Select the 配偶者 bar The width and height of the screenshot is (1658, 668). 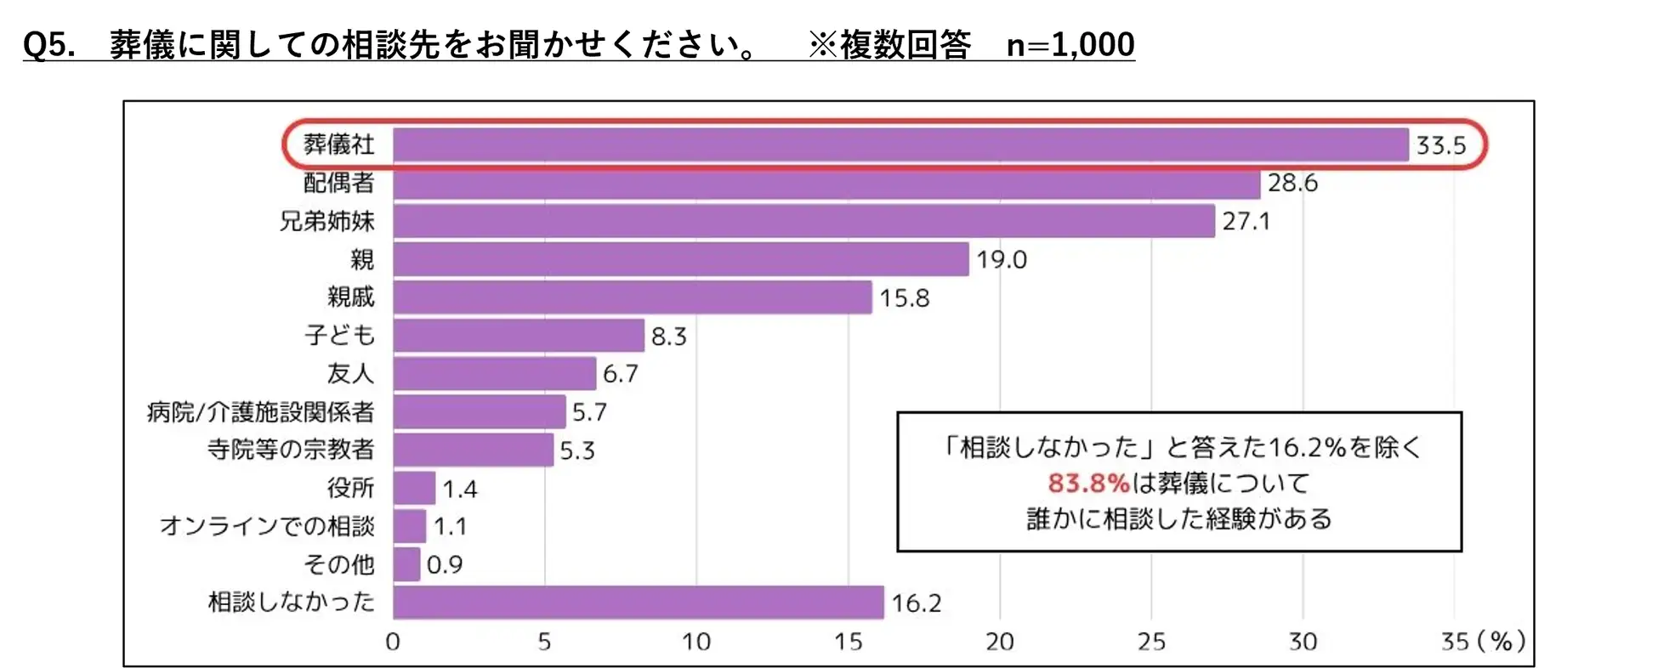[x=826, y=184]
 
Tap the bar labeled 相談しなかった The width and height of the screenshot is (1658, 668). [x=638, y=603]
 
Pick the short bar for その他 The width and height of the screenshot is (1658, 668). [x=406, y=564]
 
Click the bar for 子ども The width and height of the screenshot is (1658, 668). [x=519, y=336]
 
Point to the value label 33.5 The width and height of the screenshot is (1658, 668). [x=1440, y=145]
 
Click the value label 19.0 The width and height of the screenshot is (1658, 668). [x=1001, y=259]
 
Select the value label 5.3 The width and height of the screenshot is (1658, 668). [x=576, y=450]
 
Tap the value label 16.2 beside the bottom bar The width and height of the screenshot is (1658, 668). [x=916, y=603]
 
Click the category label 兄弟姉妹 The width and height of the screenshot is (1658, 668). [x=326, y=222]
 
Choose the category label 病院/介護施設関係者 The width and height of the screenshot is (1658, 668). [x=260, y=412]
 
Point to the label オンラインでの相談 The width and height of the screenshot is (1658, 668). [x=267, y=526]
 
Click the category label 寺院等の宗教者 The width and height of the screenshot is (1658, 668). [x=290, y=450]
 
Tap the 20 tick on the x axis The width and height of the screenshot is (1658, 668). [x=999, y=642]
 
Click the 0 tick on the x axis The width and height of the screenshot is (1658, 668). [x=393, y=642]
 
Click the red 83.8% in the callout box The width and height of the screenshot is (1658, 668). [x=1087, y=484]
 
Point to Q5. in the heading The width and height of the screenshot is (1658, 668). [x=48, y=44]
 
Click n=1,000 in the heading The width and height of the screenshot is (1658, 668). [x=1070, y=44]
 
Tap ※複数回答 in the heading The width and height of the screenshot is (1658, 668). [x=889, y=44]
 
